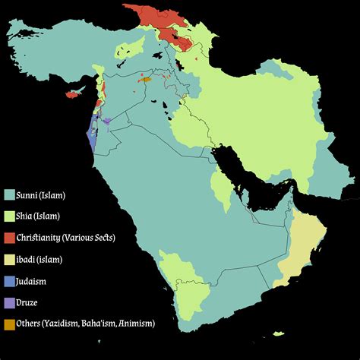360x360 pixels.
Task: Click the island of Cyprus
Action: pos(73,95)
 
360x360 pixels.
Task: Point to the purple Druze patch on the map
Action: pos(107,121)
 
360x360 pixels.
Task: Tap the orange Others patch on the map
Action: pos(145,78)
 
